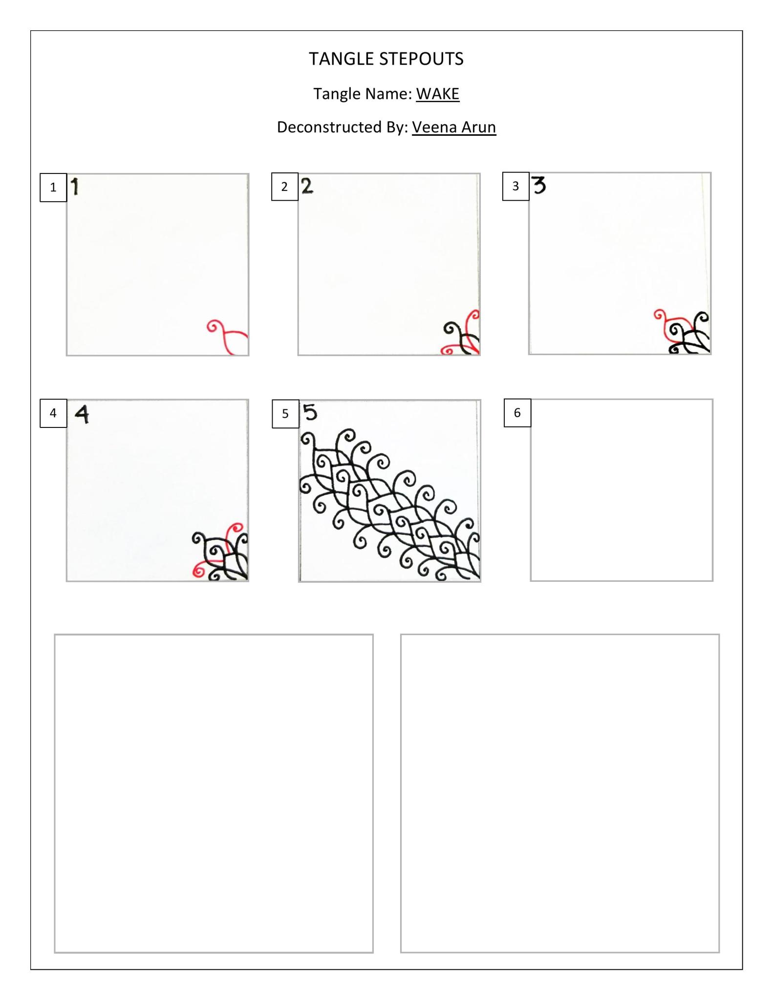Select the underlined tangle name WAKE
(438, 94)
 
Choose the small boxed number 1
(53, 187)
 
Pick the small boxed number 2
(285, 186)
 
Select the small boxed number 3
(515, 186)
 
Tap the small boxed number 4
(53, 413)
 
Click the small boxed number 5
(285, 414)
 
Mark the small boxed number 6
(517, 413)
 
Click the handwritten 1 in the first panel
(75, 187)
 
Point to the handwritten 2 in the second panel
(307, 186)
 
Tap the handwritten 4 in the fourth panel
(82, 415)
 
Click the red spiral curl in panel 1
(214, 326)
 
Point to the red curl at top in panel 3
(660, 316)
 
